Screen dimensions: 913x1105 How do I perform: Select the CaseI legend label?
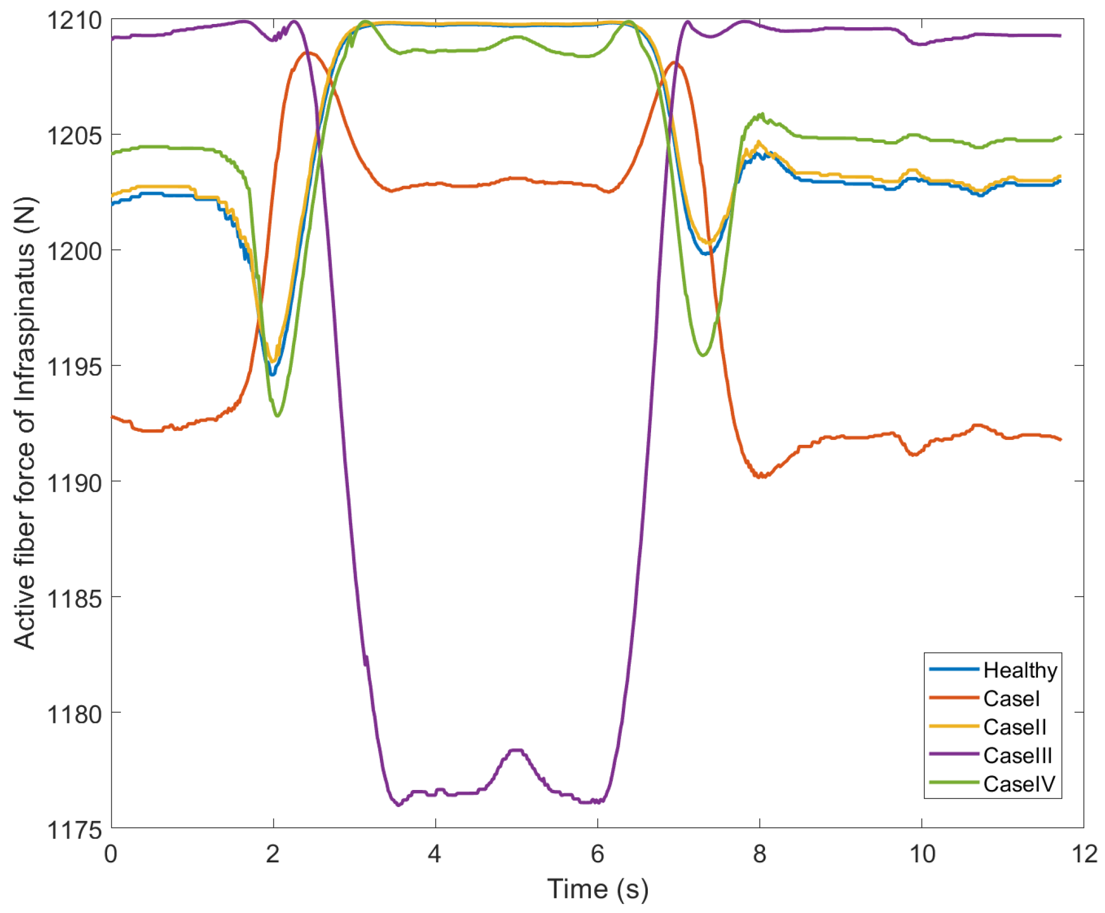point(1011,698)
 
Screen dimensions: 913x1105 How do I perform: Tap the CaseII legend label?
point(1014,727)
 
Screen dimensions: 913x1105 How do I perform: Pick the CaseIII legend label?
point(1017,755)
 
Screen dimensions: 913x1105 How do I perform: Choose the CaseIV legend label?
point(1018,784)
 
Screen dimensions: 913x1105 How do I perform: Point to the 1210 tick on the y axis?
point(74,21)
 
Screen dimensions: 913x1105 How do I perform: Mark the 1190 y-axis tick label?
point(74,483)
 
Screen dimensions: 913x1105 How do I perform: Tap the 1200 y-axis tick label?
point(74,251)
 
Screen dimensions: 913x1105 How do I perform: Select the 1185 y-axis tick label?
point(74,599)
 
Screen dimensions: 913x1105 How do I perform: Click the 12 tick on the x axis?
point(1084,854)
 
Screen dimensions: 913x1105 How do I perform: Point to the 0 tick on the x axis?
point(111,854)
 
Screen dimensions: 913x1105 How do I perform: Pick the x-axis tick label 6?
point(597,854)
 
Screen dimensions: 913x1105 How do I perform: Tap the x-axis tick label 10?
point(921,854)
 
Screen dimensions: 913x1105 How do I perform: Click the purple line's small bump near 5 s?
point(516,751)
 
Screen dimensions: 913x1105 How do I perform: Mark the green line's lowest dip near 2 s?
point(277,415)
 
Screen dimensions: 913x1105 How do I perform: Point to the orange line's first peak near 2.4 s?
point(308,53)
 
